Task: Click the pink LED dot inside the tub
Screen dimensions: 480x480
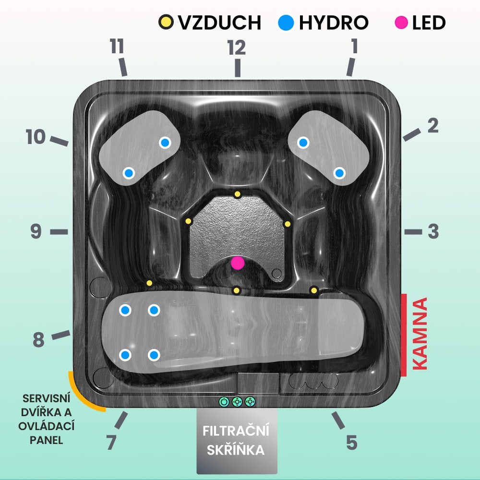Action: click(x=238, y=263)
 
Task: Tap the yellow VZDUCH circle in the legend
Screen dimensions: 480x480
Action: click(x=166, y=22)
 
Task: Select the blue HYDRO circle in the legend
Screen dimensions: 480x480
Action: click(x=286, y=23)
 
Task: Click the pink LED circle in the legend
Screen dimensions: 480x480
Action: click(x=401, y=23)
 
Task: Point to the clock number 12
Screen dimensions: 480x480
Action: click(x=237, y=48)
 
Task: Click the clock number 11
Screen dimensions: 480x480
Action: click(x=117, y=46)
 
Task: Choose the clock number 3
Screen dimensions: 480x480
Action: click(x=433, y=231)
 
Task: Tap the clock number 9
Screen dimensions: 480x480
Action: click(x=36, y=231)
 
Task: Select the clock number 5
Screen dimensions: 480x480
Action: click(x=352, y=443)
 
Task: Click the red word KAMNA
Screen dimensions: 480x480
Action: click(x=420, y=334)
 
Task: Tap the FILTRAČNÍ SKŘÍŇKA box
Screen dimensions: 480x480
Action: click(x=237, y=441)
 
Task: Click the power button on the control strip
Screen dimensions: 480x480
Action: click(x=224, y=402)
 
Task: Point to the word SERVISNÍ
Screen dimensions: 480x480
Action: click(x=47, y=398)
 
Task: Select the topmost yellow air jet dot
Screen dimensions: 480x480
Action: click(x=237, y=194)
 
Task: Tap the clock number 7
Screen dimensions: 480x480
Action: click(x=111, y=442)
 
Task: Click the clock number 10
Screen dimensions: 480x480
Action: click(x=36, y=136)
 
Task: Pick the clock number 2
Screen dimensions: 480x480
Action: click(x=433, y=125)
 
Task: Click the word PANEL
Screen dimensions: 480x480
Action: click(x=47, y=440)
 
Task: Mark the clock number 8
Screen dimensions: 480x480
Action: click(x=38, y=340)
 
